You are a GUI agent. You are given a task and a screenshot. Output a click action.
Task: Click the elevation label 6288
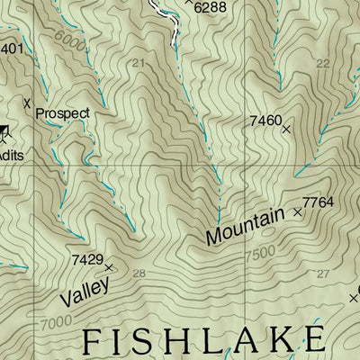[209, 7]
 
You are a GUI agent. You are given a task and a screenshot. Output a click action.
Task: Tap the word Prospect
[63, 113]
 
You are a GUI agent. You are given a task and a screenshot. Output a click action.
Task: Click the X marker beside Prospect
[27, 102]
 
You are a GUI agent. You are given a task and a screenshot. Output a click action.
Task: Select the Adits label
[11, 155]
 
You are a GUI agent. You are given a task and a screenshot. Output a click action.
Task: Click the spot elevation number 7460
[265, 120]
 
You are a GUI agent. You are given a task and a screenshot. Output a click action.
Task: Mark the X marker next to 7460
[287, 130]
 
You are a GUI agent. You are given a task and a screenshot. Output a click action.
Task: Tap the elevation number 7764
[319, 202]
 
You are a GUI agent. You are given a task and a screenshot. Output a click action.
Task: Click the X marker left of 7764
[298, 212]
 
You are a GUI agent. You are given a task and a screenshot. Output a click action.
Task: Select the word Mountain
[244, 225]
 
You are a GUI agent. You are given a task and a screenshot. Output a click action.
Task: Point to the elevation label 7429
[86, 259]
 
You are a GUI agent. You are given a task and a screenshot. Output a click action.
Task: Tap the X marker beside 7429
[109, 268]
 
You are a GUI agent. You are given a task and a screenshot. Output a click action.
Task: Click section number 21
[138, 63]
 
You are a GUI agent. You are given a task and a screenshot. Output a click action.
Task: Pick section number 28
[139, 274]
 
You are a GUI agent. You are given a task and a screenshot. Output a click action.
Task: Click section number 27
[323, 274]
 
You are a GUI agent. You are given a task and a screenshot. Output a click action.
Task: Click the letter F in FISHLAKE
[94, 343]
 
